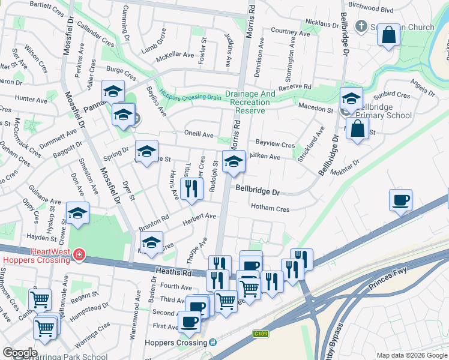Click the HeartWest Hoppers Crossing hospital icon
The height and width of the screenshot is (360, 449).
click(77, 256)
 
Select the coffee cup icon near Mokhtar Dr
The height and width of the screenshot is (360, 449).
click(400, 200)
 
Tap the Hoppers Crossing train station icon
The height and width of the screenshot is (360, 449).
click(212, 342)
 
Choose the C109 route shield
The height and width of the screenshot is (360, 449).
click(260, 334)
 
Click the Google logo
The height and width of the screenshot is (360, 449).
click(20, 353)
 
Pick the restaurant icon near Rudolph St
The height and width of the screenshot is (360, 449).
click(191, 190)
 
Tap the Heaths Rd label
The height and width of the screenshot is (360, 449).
click(172, 272)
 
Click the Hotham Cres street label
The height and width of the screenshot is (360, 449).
click(270, 209)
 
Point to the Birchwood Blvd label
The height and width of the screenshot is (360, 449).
click(370, 10)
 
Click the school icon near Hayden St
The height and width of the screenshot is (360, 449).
click(78, 214)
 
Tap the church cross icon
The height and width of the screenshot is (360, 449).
click(361, 26)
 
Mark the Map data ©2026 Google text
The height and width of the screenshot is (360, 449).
click(412, 355)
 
